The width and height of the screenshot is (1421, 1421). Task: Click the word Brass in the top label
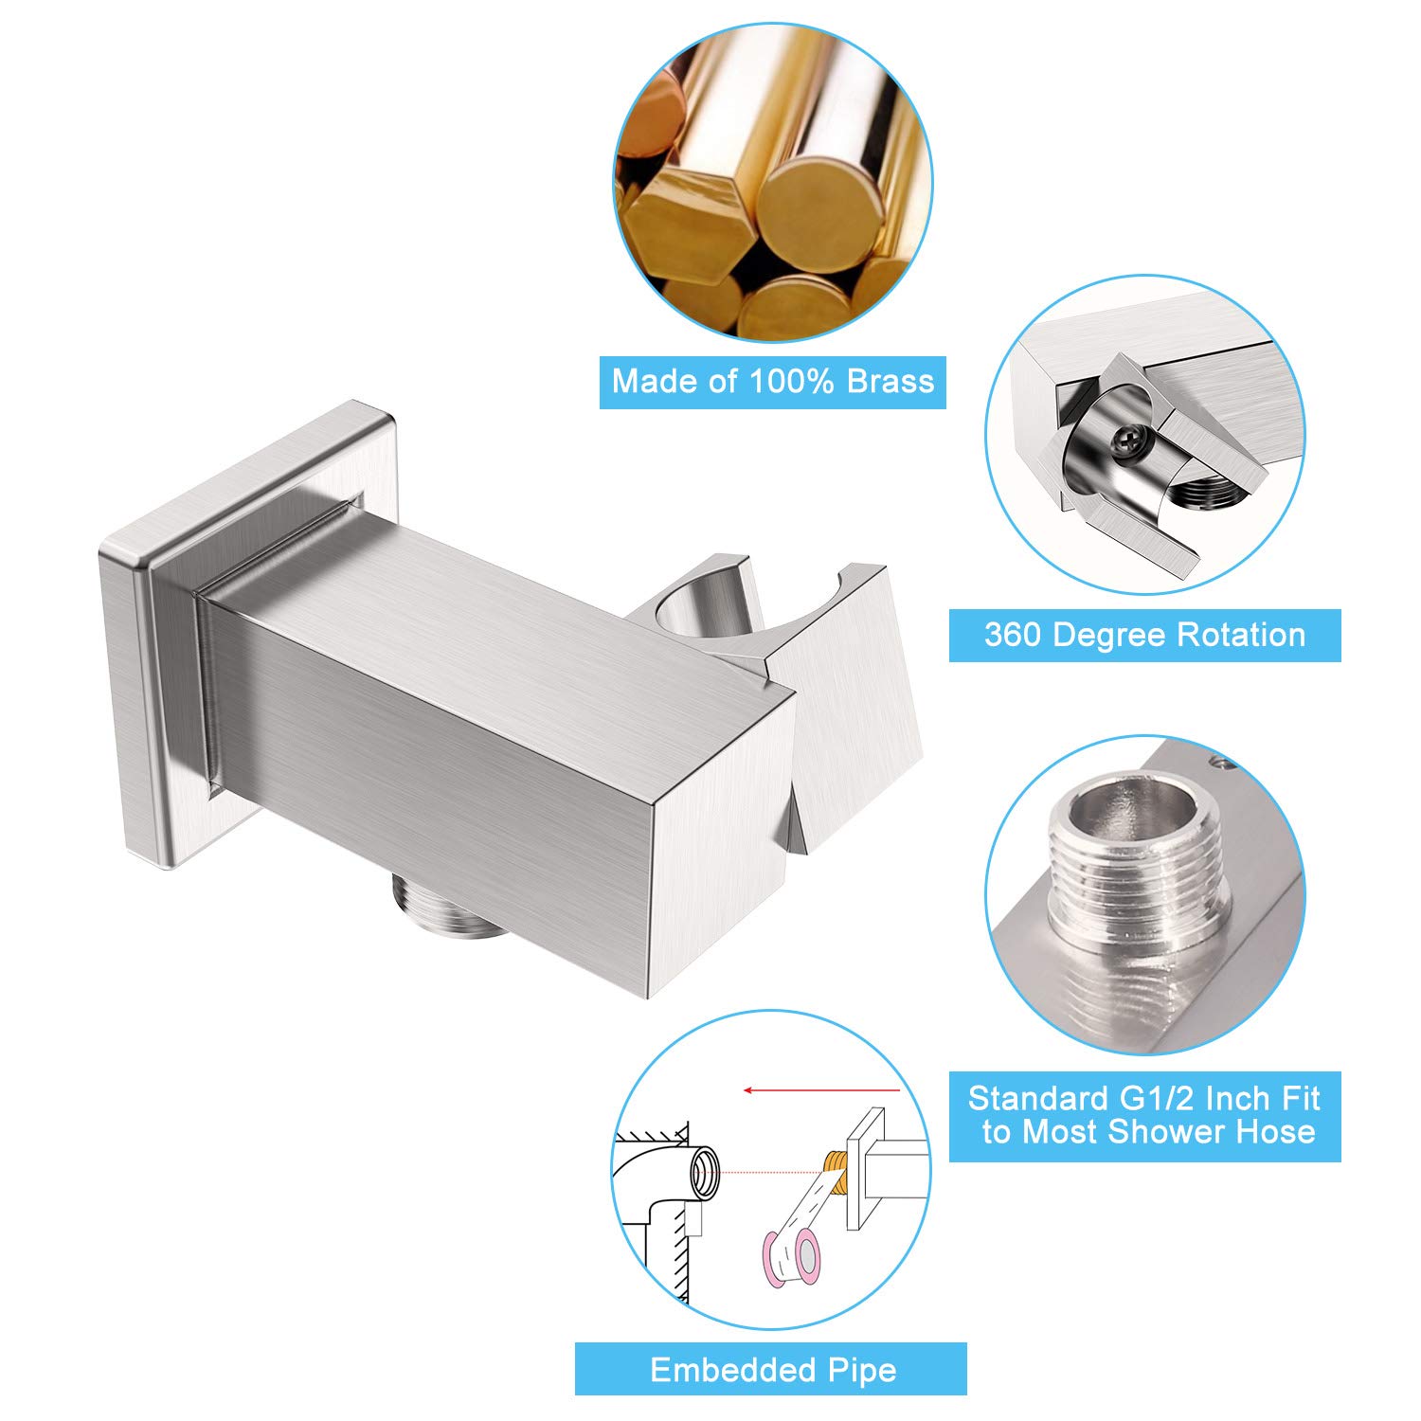[x=890, y=381]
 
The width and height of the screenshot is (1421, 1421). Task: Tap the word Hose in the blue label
[x=1275, y=1132]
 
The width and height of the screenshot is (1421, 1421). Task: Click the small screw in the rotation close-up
[x=1131, y=437]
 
